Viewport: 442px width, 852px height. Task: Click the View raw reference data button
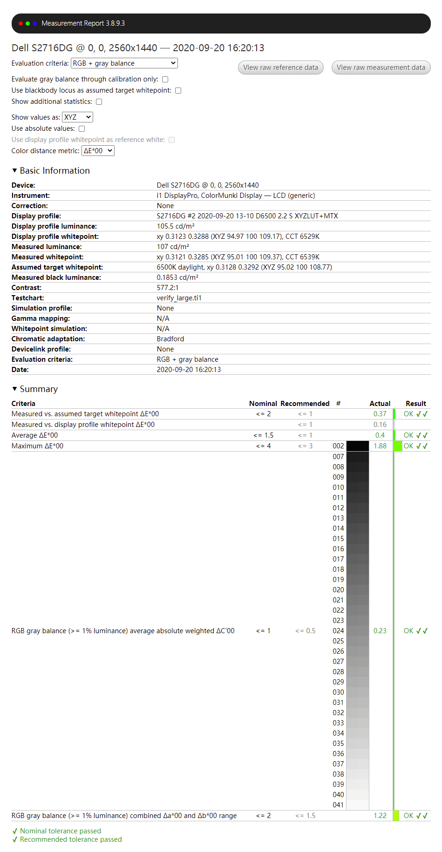pyautogui.click(x=280, y=68)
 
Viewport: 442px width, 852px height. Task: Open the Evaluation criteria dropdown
pyautogui.click(x=124, y=63)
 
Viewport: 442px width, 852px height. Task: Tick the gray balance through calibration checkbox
pyautogui.click(x=165, y=80)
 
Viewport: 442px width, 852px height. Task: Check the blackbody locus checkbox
pyautogui.click(x=178, y=91)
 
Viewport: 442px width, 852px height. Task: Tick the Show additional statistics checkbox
pyautogui.click(x=99, y=102)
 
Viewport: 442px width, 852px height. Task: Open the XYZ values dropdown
pyautogui.click(x=77, y=117)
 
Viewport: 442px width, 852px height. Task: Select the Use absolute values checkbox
pyautogui.click(x=82, y=129)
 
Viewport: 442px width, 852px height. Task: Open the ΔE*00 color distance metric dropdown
pyautogui.click(x=98, y=151)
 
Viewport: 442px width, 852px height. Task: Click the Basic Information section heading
pyautogui.click(x=54, y=171)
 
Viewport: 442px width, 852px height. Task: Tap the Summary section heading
pyautogui.click(x=39, y=389)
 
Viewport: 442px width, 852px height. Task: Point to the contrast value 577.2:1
pyautogui.click(x=167, y=288)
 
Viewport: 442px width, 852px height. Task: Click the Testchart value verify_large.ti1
pyautogui.click(x=179, y=298)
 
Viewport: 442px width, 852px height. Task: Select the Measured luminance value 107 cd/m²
pyautogui.click(x=173, y=247)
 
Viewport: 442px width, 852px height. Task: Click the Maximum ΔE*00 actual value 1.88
pyautogui.click(x=380, y=446)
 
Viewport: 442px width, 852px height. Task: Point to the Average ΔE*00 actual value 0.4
pyautogui.click(x=380, y=435)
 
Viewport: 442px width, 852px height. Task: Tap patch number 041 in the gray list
pyautogui.click(x=339, y=805)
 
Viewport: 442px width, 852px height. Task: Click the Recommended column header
pyautogui.click(x=305, y=404)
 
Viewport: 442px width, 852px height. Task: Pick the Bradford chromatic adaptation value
pyautogui.click(x=170, y=339)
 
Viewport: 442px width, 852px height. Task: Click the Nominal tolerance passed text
pyautogui.click(x=61, y=831)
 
